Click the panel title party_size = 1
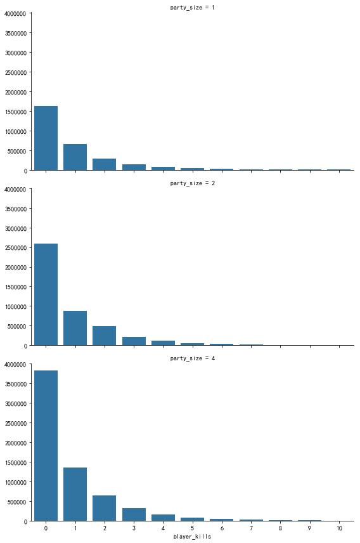(x=192, y=7)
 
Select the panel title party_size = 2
(x=192, y=183)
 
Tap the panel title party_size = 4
(x=192, y=358)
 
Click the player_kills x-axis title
(x=192, y=537)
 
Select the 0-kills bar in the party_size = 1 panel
(x=46, y=138)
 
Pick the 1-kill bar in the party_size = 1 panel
(x=75, y=157)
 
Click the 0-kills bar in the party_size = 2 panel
(x=46, y=295)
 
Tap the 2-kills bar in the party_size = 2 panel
(x=104, y=336)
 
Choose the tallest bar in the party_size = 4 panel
(x=46, y=446)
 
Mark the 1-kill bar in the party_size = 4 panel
(x=75, y=495)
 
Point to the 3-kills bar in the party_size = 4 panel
(x=134, y=514)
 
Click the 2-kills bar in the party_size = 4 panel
(x=104, y=508)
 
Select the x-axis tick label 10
(x=339, y=528)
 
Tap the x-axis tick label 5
(x=193, y=528)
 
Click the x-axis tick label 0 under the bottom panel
(x=46, y=528)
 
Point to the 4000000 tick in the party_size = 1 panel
(x=16, y=13)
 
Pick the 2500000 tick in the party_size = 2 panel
(x=16, y=248)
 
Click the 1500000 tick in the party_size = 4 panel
(x=16, y=462)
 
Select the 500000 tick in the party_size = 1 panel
(x=17, y=151)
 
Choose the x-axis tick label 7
(x=252, y=528)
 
